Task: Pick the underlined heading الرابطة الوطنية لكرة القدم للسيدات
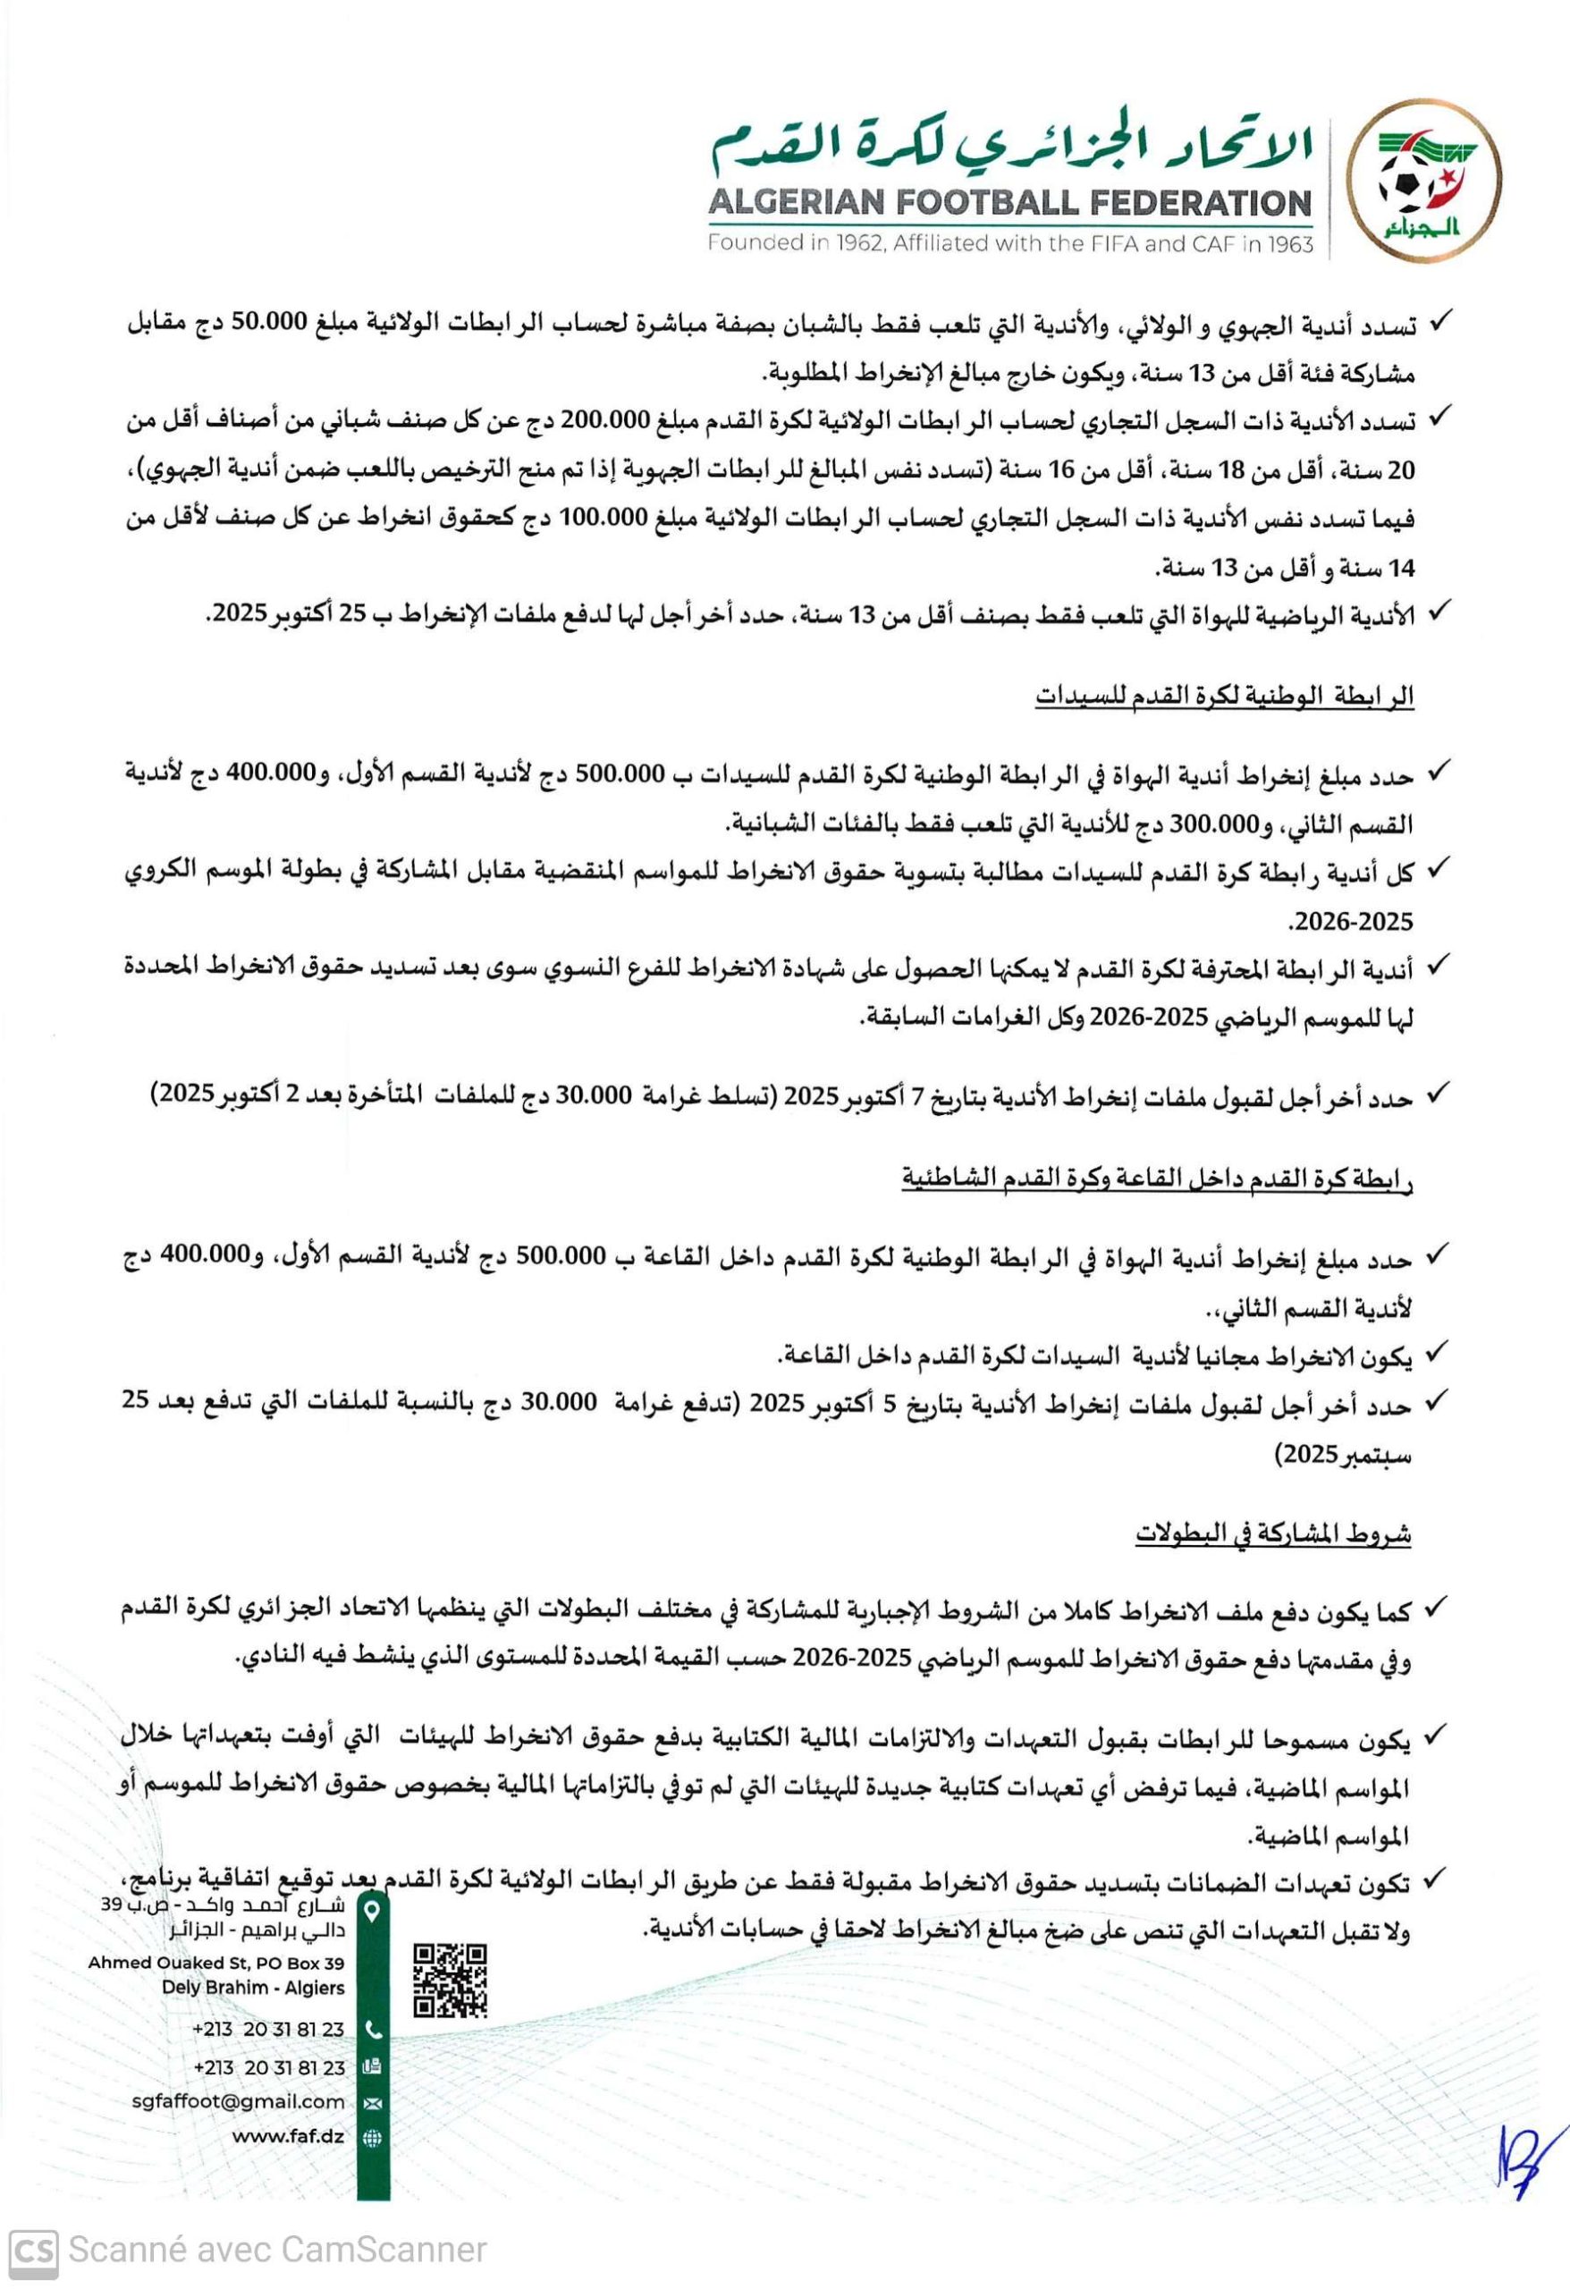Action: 1223,697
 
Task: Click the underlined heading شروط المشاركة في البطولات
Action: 1271,1534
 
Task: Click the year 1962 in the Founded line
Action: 856,243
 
